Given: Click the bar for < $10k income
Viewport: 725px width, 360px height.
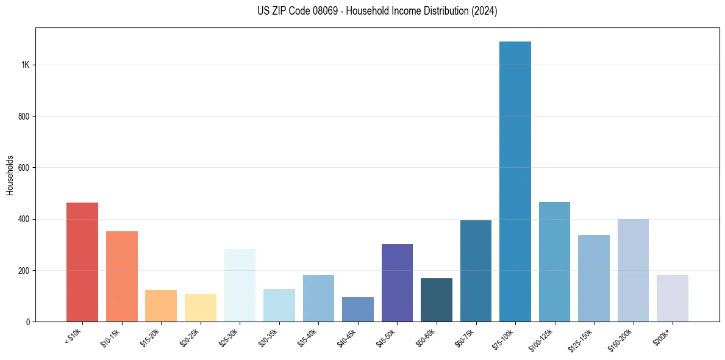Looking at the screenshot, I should click(82, 262).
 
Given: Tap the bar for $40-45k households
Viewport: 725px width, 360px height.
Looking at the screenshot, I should click(358, 309).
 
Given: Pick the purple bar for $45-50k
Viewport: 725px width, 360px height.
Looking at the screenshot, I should click(397, 283).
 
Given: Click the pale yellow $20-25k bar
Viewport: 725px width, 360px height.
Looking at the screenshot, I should click(201, 308).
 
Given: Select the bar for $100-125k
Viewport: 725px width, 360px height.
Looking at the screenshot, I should click(554, 262).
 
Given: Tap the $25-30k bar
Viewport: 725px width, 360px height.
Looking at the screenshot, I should click(240, 285).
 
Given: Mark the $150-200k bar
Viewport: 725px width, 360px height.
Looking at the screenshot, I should click(633, 270).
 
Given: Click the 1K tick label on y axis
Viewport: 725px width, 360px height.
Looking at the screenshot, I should click(25, 65).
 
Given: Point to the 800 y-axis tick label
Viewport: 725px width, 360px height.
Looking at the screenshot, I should click(24, 117).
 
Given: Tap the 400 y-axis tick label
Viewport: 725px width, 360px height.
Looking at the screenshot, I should click(24, 219).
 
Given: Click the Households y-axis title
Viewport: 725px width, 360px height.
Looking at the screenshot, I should click(10, 175).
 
